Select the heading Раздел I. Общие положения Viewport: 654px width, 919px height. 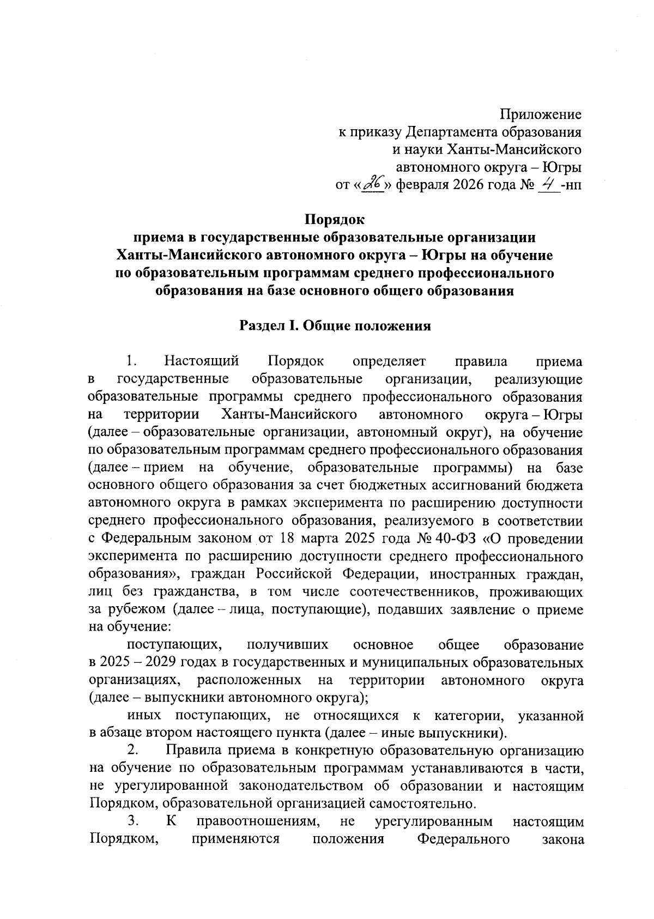tap(335, 326)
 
